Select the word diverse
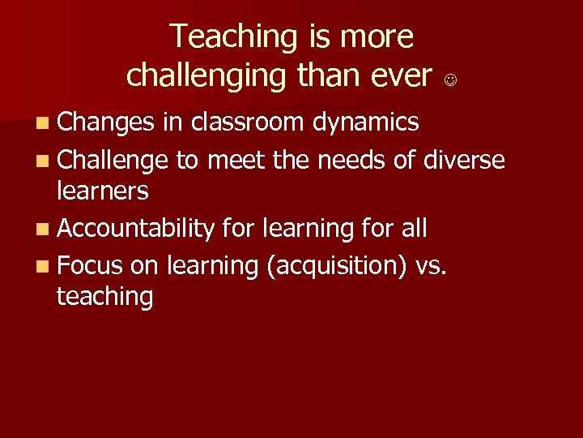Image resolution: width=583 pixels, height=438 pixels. point(464,160)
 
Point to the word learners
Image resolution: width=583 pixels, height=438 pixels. point(103,191)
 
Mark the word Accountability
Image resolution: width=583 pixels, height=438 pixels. point(135,230)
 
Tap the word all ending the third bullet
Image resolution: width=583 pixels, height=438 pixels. point(414,229)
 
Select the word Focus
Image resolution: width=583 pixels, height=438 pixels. point(90,266)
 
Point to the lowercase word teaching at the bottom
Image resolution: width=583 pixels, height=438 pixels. point(104,296)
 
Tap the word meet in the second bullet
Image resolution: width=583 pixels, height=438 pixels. point(236,160)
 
